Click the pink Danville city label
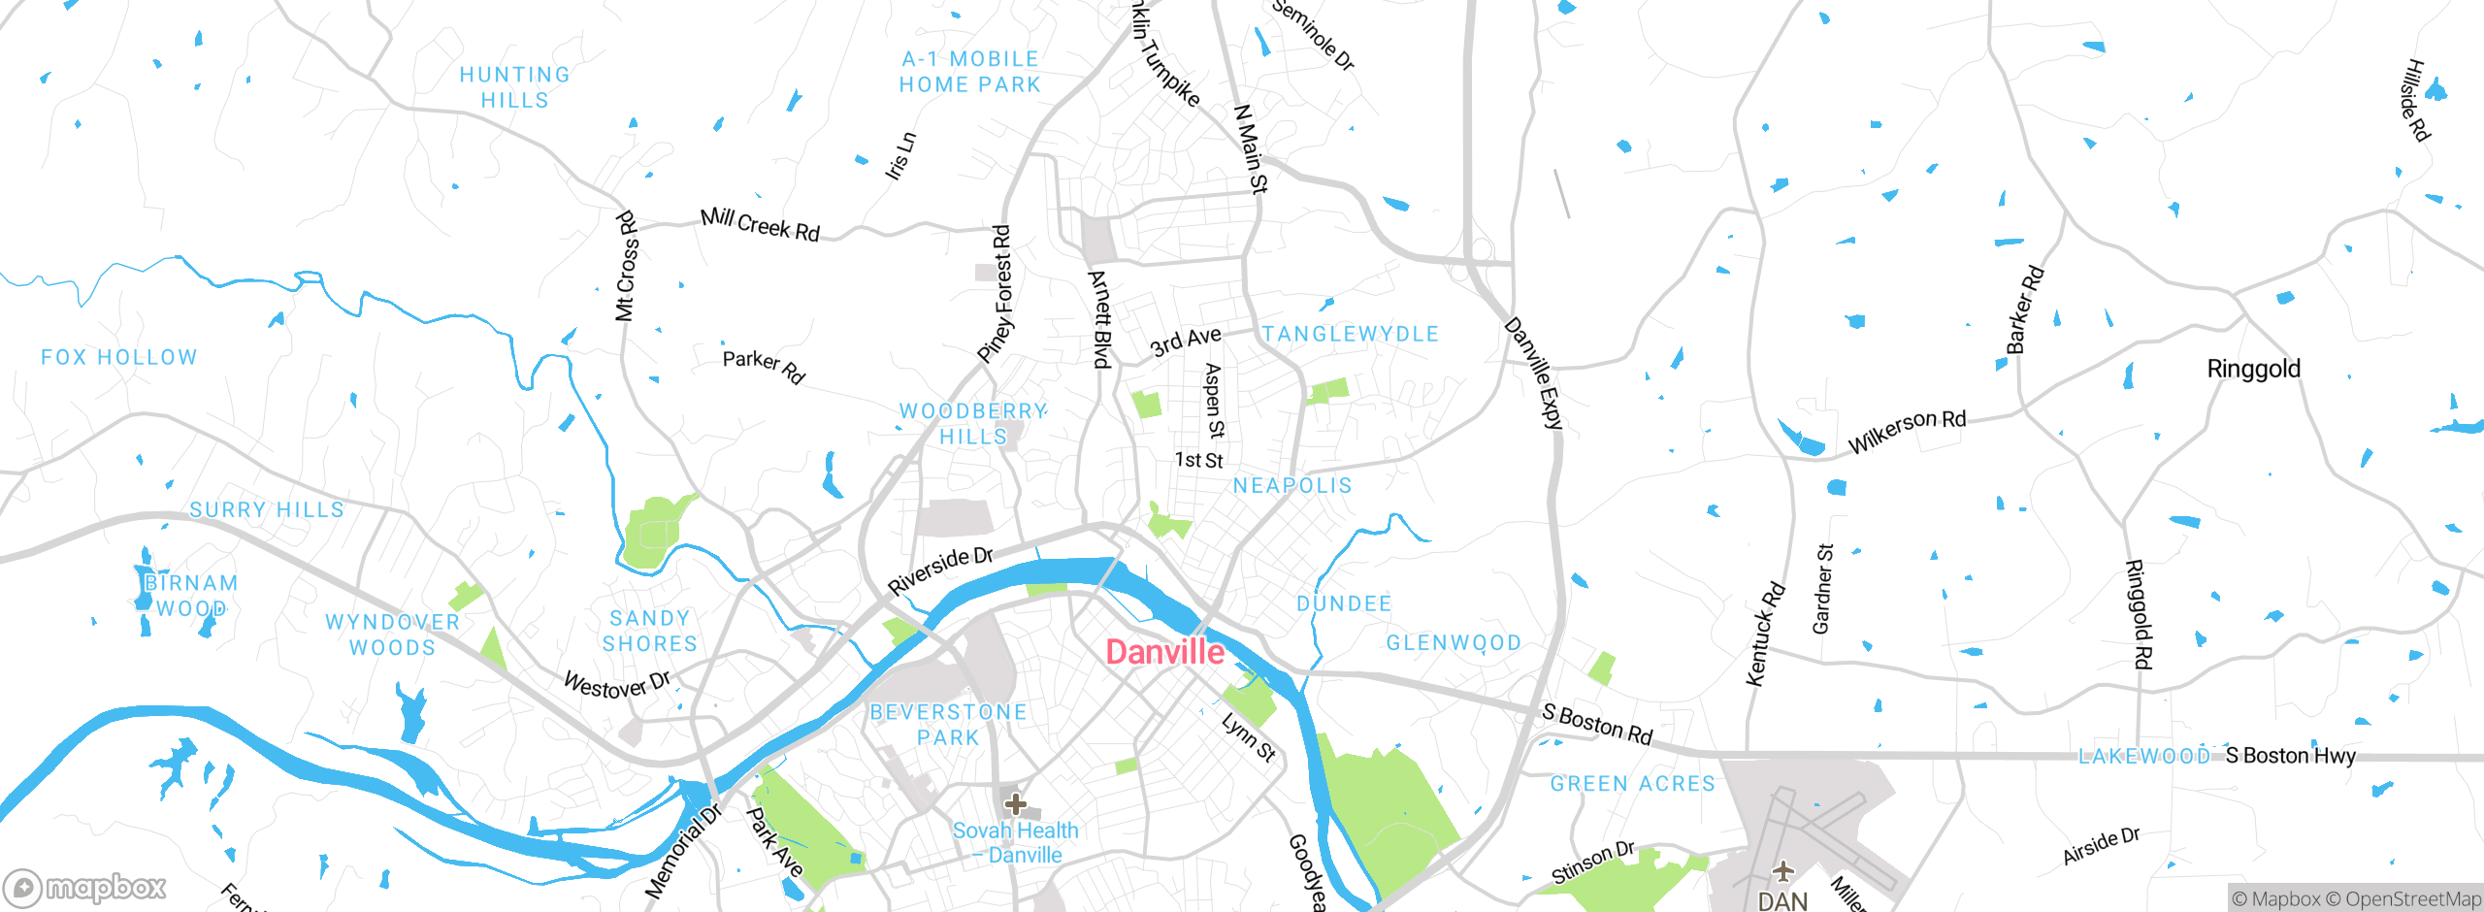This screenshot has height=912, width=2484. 1164,652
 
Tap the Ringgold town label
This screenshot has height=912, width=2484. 2253,369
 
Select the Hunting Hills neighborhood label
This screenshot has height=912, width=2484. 514,87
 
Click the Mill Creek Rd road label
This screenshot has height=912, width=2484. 760,225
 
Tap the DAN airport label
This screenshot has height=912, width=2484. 1782,900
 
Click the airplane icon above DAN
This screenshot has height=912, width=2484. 1782,870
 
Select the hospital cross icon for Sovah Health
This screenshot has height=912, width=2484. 1015,804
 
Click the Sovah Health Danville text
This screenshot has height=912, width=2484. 1015,842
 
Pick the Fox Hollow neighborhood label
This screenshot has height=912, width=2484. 118,357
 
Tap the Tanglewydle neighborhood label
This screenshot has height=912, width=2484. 1350,334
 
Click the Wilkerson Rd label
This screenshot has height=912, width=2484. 1907,431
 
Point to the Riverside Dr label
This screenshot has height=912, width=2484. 940,570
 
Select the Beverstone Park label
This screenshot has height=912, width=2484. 948,725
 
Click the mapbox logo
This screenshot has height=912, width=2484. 85,887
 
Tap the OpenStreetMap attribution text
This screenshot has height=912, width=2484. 2412,899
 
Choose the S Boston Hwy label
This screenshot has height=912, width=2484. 2290,755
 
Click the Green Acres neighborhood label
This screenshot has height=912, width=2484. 1632,784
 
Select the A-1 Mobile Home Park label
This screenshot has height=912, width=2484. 970,72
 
